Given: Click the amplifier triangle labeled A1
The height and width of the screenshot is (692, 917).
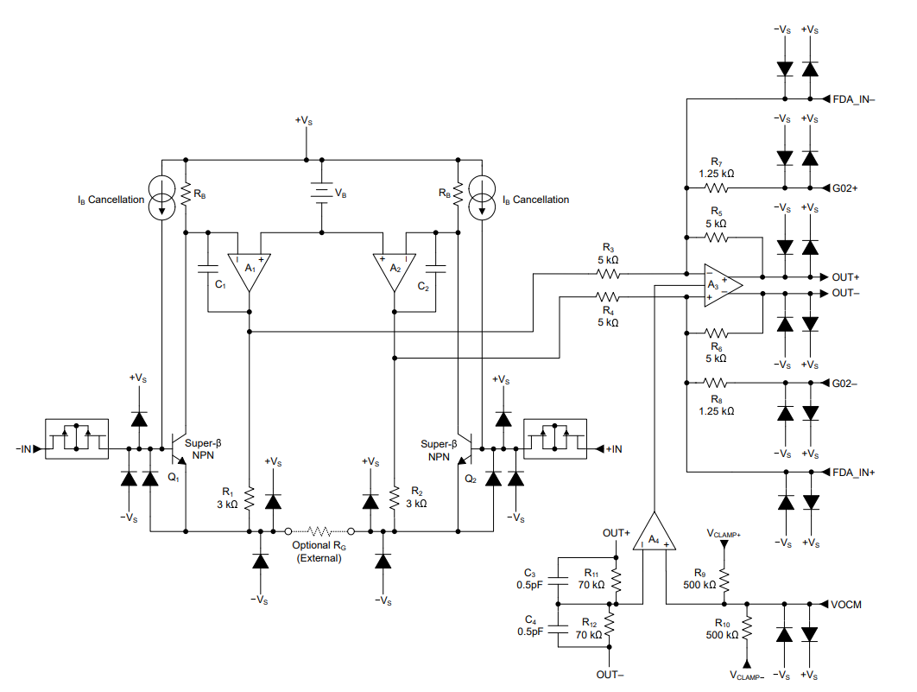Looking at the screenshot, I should pyautogui.click(x=249, y=268).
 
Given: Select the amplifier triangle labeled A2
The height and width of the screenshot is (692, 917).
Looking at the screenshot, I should pyautogui.click(x=395, y=268).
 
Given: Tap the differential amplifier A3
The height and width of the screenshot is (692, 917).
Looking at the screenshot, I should pyautogui.click(x=718, y=285).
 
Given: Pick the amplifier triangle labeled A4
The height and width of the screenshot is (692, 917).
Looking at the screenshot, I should pyautogui.click(x=655, y=536).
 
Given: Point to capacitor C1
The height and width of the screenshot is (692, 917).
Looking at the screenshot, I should pyautogui.click(x=208, y=268).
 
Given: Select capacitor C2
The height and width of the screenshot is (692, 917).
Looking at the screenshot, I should pyautogui.click(x=436, y=268).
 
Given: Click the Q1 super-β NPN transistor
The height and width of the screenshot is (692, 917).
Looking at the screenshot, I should pyautogui.click(x=180, y=449).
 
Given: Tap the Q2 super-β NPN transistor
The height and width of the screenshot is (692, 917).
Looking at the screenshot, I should pyautogui.click(x=464, y=449).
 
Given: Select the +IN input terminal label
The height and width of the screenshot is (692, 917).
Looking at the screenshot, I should pyautogui.click(x=614, y=449).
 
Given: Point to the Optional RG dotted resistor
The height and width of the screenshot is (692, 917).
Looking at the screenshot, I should pyautogui.click(x=319, y=530).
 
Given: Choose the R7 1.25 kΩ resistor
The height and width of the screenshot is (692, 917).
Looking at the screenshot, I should pyautogui.click(x=717, y=187).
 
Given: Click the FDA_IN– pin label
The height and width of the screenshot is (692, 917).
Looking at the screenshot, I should pyautogui.click(x=854, y=98).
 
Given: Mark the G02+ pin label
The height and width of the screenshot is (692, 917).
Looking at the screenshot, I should pyautogui.click(x=847, y=187).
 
